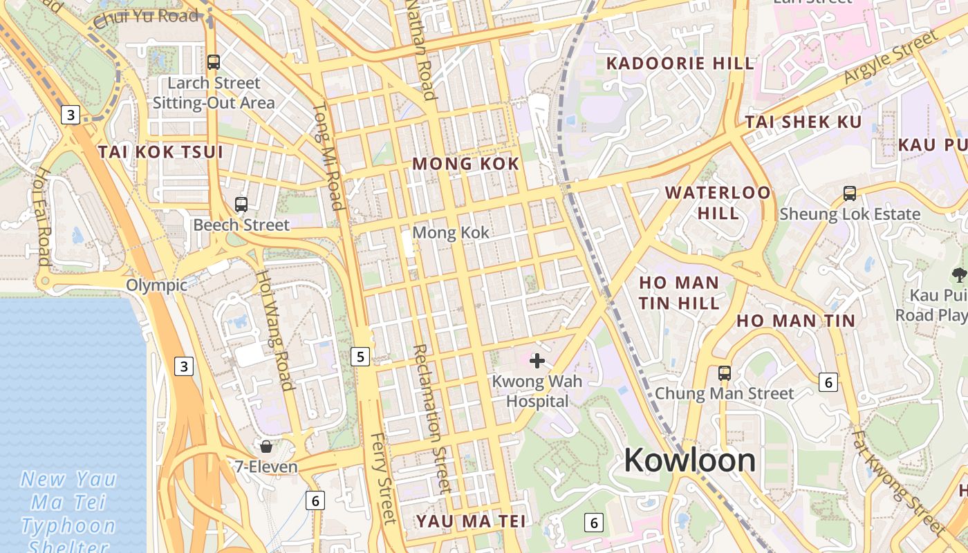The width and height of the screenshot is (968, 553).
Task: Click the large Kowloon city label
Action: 689,460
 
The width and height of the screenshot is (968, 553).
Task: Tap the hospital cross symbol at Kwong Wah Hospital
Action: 537,360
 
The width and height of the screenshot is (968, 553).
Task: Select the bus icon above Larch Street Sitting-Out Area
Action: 214,62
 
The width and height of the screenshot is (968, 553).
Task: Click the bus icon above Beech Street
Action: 241,204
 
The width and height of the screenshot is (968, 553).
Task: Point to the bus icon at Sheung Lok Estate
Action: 850,194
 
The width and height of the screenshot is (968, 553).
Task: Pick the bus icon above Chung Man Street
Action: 724,373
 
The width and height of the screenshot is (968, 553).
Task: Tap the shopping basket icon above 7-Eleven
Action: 266,447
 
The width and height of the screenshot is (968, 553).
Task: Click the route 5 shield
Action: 360,357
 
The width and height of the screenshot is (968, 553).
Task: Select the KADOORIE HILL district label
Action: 680,64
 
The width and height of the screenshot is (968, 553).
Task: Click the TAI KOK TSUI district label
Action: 160,152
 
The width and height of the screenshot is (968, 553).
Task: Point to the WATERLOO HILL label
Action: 718,202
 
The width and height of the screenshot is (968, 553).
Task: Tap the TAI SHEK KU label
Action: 803,122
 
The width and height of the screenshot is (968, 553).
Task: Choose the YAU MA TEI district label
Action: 471,521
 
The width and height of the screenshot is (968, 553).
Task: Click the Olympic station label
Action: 156,285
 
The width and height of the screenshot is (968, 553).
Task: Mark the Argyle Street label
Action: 889,59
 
